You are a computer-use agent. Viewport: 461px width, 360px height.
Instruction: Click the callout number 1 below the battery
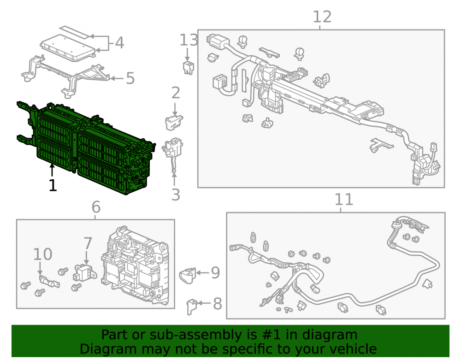pyautogui.click(x=53, y=185)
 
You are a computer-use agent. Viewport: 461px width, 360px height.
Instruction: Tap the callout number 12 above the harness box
pyautogui.click(x=322, y=17)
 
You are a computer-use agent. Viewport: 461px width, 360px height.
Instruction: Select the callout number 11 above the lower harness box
pyautogui.click(x=344, y=200)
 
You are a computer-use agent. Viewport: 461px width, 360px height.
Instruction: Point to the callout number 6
pyautogui.click(x=96, y=207)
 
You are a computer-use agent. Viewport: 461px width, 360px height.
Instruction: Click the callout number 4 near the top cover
pyautogui.click(x=119, y=43)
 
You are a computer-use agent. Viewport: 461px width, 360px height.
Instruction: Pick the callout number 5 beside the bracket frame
pyautogui.click(x=130, y=78)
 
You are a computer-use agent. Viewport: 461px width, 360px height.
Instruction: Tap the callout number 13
pyautogui.click(x=189, y=40)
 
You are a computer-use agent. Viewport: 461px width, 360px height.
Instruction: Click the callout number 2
pyautogui.click(x=176, y=93)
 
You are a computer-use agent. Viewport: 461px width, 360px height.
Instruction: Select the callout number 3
pyautogui.click(x=176, y=195)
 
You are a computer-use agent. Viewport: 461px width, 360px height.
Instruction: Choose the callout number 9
pyautogui.click(x=215, y=273)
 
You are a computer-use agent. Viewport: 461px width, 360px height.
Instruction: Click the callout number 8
pyautogui.click(x=217, y=304)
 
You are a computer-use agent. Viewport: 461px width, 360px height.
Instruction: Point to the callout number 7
pyautogui.click(x=88, y=243)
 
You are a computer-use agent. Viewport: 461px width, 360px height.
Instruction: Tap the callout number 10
pyautogui.click(x=42, y=254)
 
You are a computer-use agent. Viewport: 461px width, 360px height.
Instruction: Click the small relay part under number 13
pyautogui.click(x=188, y=68)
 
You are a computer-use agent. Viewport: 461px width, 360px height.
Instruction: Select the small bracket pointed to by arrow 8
pyautogui.click(x=192, y=307)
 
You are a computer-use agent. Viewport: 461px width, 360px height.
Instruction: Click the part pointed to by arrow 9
pyautogui.click(x=187, y=275)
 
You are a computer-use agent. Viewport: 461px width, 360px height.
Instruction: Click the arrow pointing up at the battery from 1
pyautogui.click(x=52, y=171)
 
